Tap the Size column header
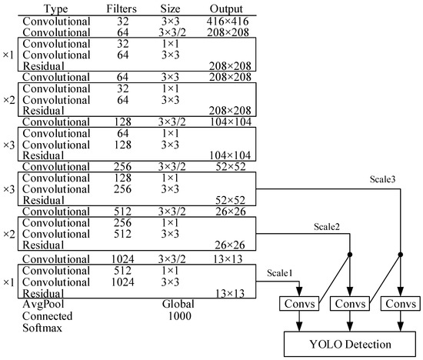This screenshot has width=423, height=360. click(171, 8)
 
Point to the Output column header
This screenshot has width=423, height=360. click(226, 8)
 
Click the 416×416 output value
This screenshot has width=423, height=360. click(226, 19)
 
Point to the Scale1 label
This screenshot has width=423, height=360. click(281, 272)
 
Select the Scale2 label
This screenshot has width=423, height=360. click(328, 227)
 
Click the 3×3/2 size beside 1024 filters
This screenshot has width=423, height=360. click(171, 260)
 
